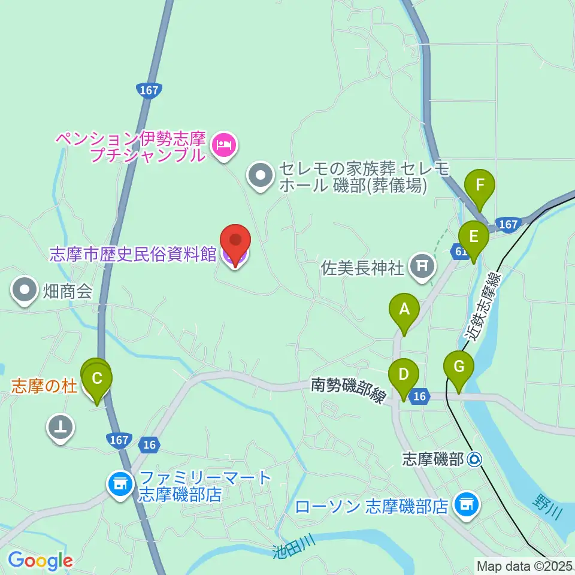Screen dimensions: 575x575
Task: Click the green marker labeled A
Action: point(404,310)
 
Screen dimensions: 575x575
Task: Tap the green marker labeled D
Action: point(404,376)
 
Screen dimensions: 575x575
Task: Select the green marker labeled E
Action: point(474,237)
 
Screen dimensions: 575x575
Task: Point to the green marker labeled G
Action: point(459,367)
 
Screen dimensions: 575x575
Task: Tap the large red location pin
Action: point(235,243)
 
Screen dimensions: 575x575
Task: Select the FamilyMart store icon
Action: point(120,483)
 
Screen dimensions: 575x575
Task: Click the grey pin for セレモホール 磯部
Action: point(261,176)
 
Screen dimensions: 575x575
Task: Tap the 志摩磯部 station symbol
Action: point(475,459)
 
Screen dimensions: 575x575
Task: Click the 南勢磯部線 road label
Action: point(347,389)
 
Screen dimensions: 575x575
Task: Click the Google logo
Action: point(40,561)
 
